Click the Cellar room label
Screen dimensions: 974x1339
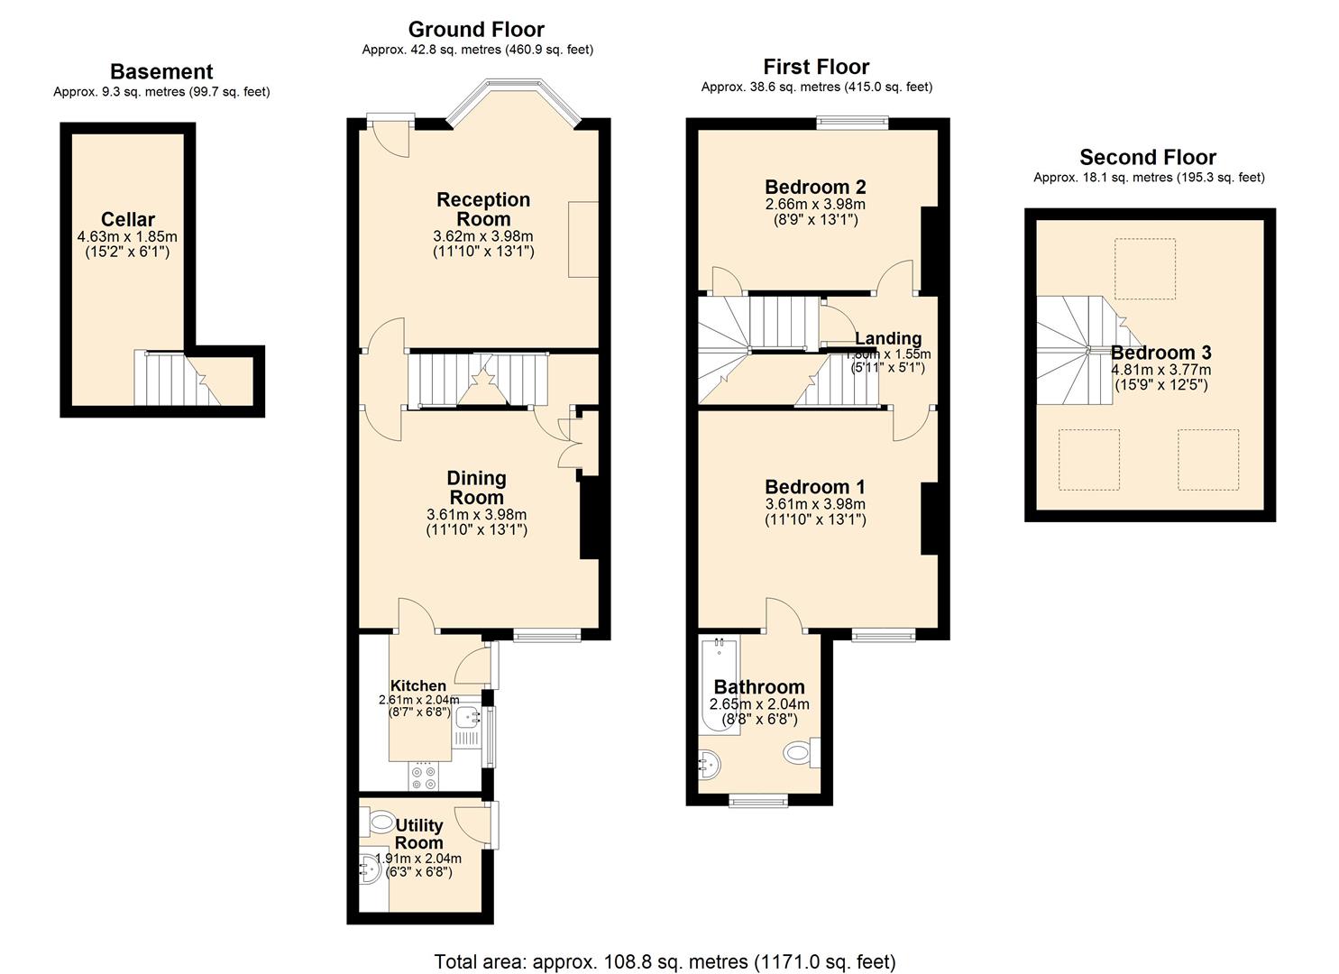click(127, 219)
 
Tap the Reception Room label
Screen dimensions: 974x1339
click(483, 209)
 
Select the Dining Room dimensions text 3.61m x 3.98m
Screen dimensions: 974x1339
click(476, 515)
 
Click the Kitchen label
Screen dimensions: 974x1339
click(417, 685)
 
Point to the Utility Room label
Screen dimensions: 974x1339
click(418, 834)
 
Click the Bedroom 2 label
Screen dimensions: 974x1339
click(815, 187)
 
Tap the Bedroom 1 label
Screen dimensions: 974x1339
click(815, 487)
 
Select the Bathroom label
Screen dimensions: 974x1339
click(759, 687)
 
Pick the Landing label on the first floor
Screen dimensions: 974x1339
click(888, 338)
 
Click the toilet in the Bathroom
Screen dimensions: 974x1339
click(801, 750)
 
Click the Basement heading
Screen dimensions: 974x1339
click(161, 72)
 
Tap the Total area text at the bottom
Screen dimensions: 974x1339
click(665, 961)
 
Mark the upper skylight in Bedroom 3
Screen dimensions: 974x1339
click(1144, 269)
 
